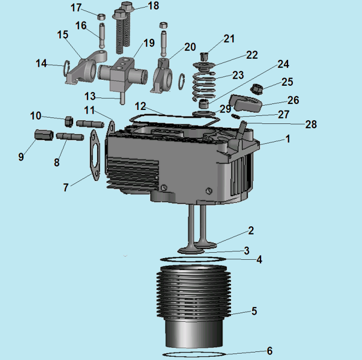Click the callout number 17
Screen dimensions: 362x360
tap(76, 8)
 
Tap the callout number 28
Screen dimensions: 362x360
tap(311, 124)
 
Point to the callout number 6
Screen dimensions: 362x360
tap(269, 351)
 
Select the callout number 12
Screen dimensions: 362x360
tap(141, 106)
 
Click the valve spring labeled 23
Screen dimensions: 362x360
tap(204, 86)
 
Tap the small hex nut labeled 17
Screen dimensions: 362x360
tap(102, 17)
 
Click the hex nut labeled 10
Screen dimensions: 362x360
tap(69, 122)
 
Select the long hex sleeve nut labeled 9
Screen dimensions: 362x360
tap(44, 135)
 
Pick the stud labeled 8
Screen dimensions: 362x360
tap(70, 136)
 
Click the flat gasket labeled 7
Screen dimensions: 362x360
tap(95, 155)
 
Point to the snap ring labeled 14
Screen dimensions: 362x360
tap(66, 68)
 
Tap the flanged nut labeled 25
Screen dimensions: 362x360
tap(256, 89)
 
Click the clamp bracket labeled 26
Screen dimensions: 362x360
tap(246, 103)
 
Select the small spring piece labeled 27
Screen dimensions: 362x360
tap(236, 116)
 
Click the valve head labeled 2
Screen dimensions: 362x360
tap(205, 244)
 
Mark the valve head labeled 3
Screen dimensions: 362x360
tap(191, 251)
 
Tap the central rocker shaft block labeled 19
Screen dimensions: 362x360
tap(123, 74)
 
